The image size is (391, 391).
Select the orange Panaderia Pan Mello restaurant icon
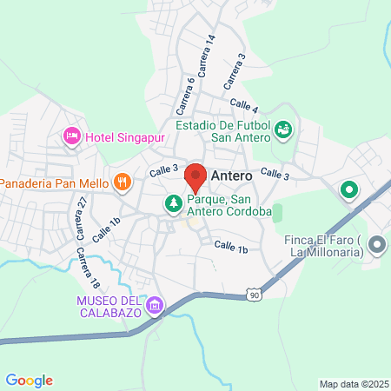(123, 182)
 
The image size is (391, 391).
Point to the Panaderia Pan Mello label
(53, 183)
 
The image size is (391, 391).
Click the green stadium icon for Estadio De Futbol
(282, 131)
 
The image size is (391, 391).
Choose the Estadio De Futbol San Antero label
(223, 131)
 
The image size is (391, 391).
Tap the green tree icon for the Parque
(174, 204)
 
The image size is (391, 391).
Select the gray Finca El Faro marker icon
(376, 246)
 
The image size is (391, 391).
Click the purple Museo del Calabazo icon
(155, 305)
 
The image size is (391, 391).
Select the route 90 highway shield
(253, 296)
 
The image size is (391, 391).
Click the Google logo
(29, 380)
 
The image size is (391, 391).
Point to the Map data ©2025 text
(352, 383)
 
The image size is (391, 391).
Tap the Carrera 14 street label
(208, 57)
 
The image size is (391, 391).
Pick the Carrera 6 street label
(185, 95)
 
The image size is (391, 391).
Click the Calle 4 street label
(245, 108)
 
